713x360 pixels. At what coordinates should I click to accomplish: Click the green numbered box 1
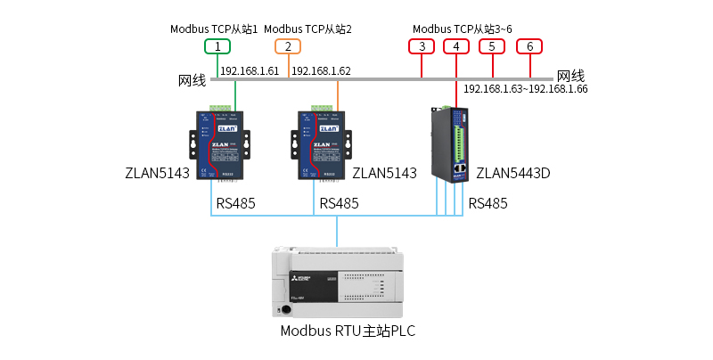[217, 46]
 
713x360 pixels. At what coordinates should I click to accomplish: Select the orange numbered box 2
[288, 46]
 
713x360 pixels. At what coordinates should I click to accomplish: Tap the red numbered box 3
[422, 46]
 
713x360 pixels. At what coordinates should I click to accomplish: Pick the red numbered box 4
[456, 46]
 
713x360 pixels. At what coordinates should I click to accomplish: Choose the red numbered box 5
[491, 46]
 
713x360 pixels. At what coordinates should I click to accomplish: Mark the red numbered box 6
[529, 46]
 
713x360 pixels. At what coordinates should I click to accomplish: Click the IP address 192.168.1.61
[250, 70]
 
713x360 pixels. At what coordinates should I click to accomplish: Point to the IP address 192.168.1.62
[321, 70]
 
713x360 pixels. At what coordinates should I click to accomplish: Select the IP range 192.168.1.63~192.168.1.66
[525, 89]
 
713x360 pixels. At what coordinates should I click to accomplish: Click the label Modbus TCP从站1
[214, 29]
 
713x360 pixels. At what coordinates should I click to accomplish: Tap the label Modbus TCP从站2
[308, 29]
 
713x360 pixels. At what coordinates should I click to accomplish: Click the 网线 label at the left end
[193, 80]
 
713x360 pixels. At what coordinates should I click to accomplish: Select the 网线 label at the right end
[570, 77]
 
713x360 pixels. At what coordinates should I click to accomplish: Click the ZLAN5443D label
[513, 173]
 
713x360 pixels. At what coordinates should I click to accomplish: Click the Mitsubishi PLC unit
[337, 282]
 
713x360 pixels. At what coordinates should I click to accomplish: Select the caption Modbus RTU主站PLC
[348, 331]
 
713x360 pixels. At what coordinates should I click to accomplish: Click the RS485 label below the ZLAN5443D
[488, 203]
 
